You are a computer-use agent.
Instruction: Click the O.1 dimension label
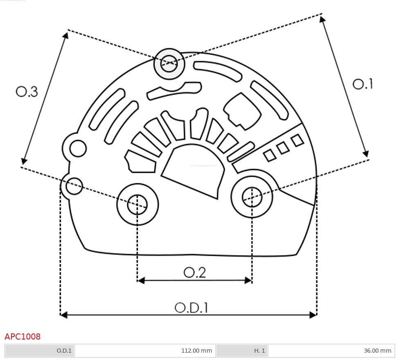pyautogui.click(x=363, y=84)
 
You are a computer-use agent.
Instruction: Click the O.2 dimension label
pyautogui.click(x=195, y=272)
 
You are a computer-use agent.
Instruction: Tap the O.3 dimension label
pyautogui.click(x=27, y=92)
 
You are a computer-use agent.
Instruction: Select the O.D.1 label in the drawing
pyautogui.click(x=191, y=308)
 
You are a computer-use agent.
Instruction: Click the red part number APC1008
pyautogui.click(x=23, y=337)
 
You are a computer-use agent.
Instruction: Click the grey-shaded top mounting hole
pyautogui.click(x=169, y=63)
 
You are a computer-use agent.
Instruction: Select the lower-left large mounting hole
pyautogui.click(x=137, y=204)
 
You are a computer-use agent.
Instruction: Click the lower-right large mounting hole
pyautogui.click(x=252, y=198)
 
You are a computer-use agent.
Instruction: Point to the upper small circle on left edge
pyautogui.click(x=78, y=148)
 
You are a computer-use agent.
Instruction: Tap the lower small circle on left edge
pyautogui.click(x=74, y=186)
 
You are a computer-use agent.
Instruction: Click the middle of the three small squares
pyautogui.click(x=283, y=148)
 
